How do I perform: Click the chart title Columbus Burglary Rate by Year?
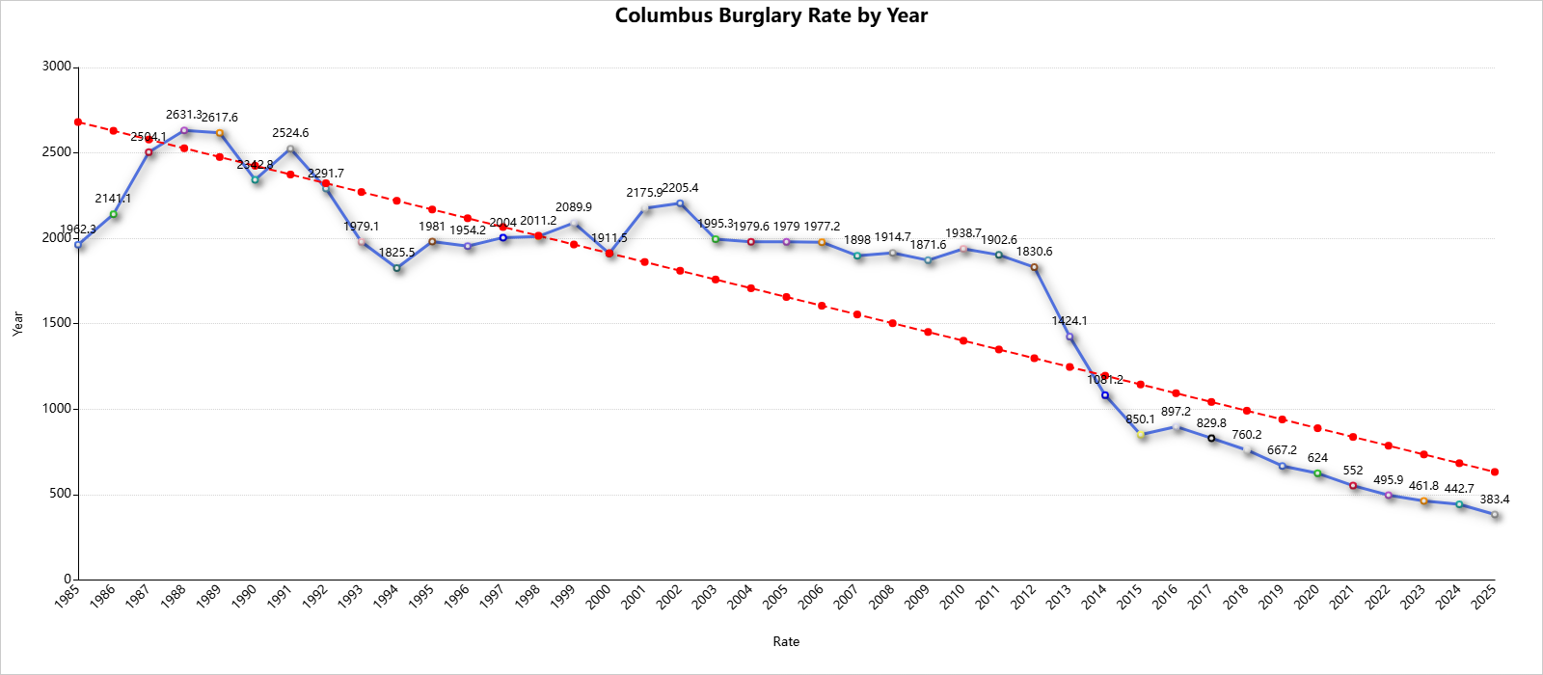point(771,15)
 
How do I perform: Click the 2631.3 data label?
point(183,115)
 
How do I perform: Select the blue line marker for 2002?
point(680,203)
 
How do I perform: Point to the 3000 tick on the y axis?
point(57,67)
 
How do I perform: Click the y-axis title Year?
point(17,323)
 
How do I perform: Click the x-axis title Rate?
point(786,641)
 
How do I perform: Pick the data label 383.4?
point(1495,499)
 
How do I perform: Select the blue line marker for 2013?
point(1069,337)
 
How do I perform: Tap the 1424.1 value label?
point(1069,321)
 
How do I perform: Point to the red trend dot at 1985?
point(78,122)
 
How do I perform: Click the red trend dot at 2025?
point(1495,472)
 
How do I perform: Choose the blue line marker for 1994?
point(396,268)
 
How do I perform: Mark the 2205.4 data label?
point(680,188)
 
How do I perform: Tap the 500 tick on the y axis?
point(60,494)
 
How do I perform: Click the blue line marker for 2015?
point(1141,435)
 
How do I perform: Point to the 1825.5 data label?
point(396,253)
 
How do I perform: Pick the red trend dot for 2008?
point(892,323)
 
